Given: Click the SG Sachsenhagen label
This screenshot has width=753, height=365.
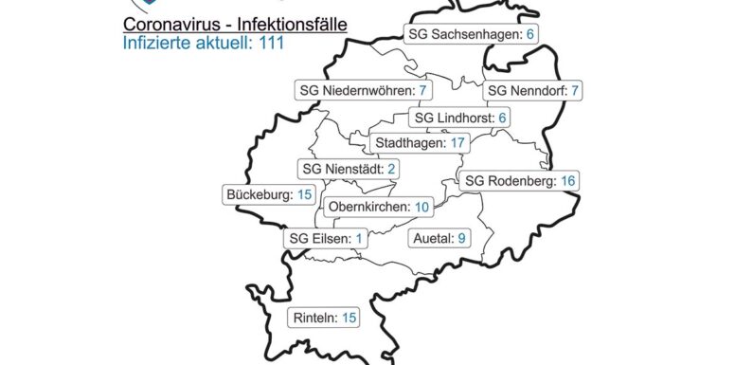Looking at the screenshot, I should [x=471, y=34].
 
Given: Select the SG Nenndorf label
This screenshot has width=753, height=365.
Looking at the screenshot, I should [x=533, y=92].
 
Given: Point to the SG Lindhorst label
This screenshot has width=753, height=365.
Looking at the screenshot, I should [x=461, y=118].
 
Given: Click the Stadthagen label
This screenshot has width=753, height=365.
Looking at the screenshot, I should [x=420, y=143].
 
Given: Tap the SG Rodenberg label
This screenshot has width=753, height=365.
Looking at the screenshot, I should [x=519, y=180].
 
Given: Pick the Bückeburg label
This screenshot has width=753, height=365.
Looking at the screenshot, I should [x=270, y=194].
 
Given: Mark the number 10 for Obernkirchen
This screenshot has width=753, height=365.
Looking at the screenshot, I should [x=422, y=207].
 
